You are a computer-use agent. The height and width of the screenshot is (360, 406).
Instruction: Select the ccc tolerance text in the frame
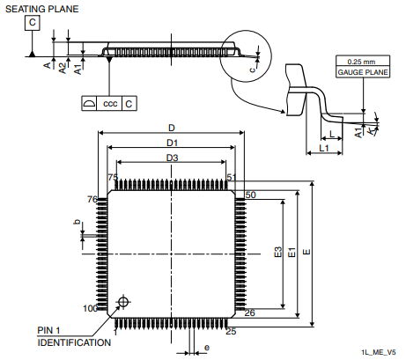[110, 104]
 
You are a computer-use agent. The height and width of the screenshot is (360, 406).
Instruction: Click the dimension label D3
[173, 158]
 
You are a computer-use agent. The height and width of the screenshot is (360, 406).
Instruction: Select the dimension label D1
[173, 143]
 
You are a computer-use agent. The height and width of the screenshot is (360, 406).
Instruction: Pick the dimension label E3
[278, 256]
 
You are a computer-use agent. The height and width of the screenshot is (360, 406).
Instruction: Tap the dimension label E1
[292, 256]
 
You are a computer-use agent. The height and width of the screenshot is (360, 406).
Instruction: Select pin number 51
[232, 178]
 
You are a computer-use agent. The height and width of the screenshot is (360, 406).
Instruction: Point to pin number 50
[250, 195]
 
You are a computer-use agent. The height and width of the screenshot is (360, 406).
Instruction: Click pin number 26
[250, 312]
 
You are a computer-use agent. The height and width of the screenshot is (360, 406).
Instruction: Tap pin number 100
[89, 308]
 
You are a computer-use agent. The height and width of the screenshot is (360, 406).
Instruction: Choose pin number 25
[231, 331]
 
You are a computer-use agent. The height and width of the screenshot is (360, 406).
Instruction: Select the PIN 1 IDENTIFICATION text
[73, 336]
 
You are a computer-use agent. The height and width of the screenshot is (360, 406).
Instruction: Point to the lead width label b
[77, 224]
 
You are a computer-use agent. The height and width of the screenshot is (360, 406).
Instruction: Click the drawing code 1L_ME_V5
[378, 351]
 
